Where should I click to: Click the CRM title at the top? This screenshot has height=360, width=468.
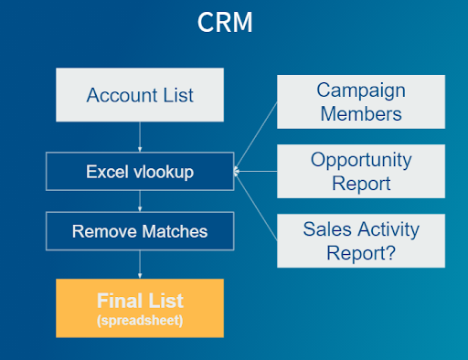(x=225, y=23)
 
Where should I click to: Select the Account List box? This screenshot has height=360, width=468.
(x=140, y=95)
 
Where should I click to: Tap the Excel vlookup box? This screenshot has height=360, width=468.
(x=140, y=171)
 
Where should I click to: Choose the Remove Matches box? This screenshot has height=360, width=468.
(x=140, y=231)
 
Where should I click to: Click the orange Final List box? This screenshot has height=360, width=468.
(x=140, y=307)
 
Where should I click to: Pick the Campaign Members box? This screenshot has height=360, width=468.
(x=360, y=101)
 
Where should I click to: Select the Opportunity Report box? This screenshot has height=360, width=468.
(x=360, y=171)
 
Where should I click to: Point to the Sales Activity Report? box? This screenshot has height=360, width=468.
(x=360, y=240)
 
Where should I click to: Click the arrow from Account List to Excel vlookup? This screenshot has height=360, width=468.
(x=140, y=137)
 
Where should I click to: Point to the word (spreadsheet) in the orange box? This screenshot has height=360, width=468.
(x=140, y=320)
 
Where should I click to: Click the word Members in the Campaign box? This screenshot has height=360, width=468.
(x=360, y=113)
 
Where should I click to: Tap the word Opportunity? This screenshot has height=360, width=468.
(x=360, y=160)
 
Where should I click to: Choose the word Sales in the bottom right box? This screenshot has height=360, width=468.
(x=324, y=228)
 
